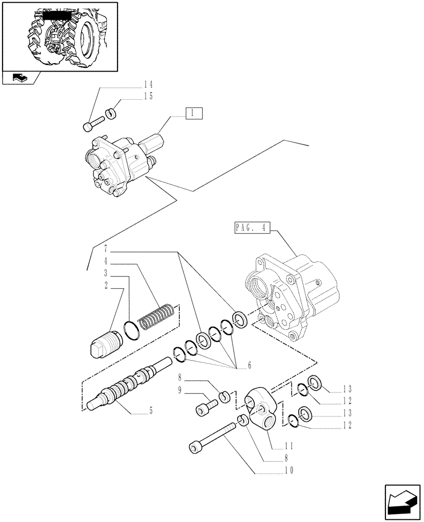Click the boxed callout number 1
click(x=193, y=113)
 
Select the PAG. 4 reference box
click(x=250, y=228)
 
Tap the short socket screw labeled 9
click(x=206, y=408)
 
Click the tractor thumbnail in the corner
click(x=59, y=35)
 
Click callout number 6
click(x=250, y=365)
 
